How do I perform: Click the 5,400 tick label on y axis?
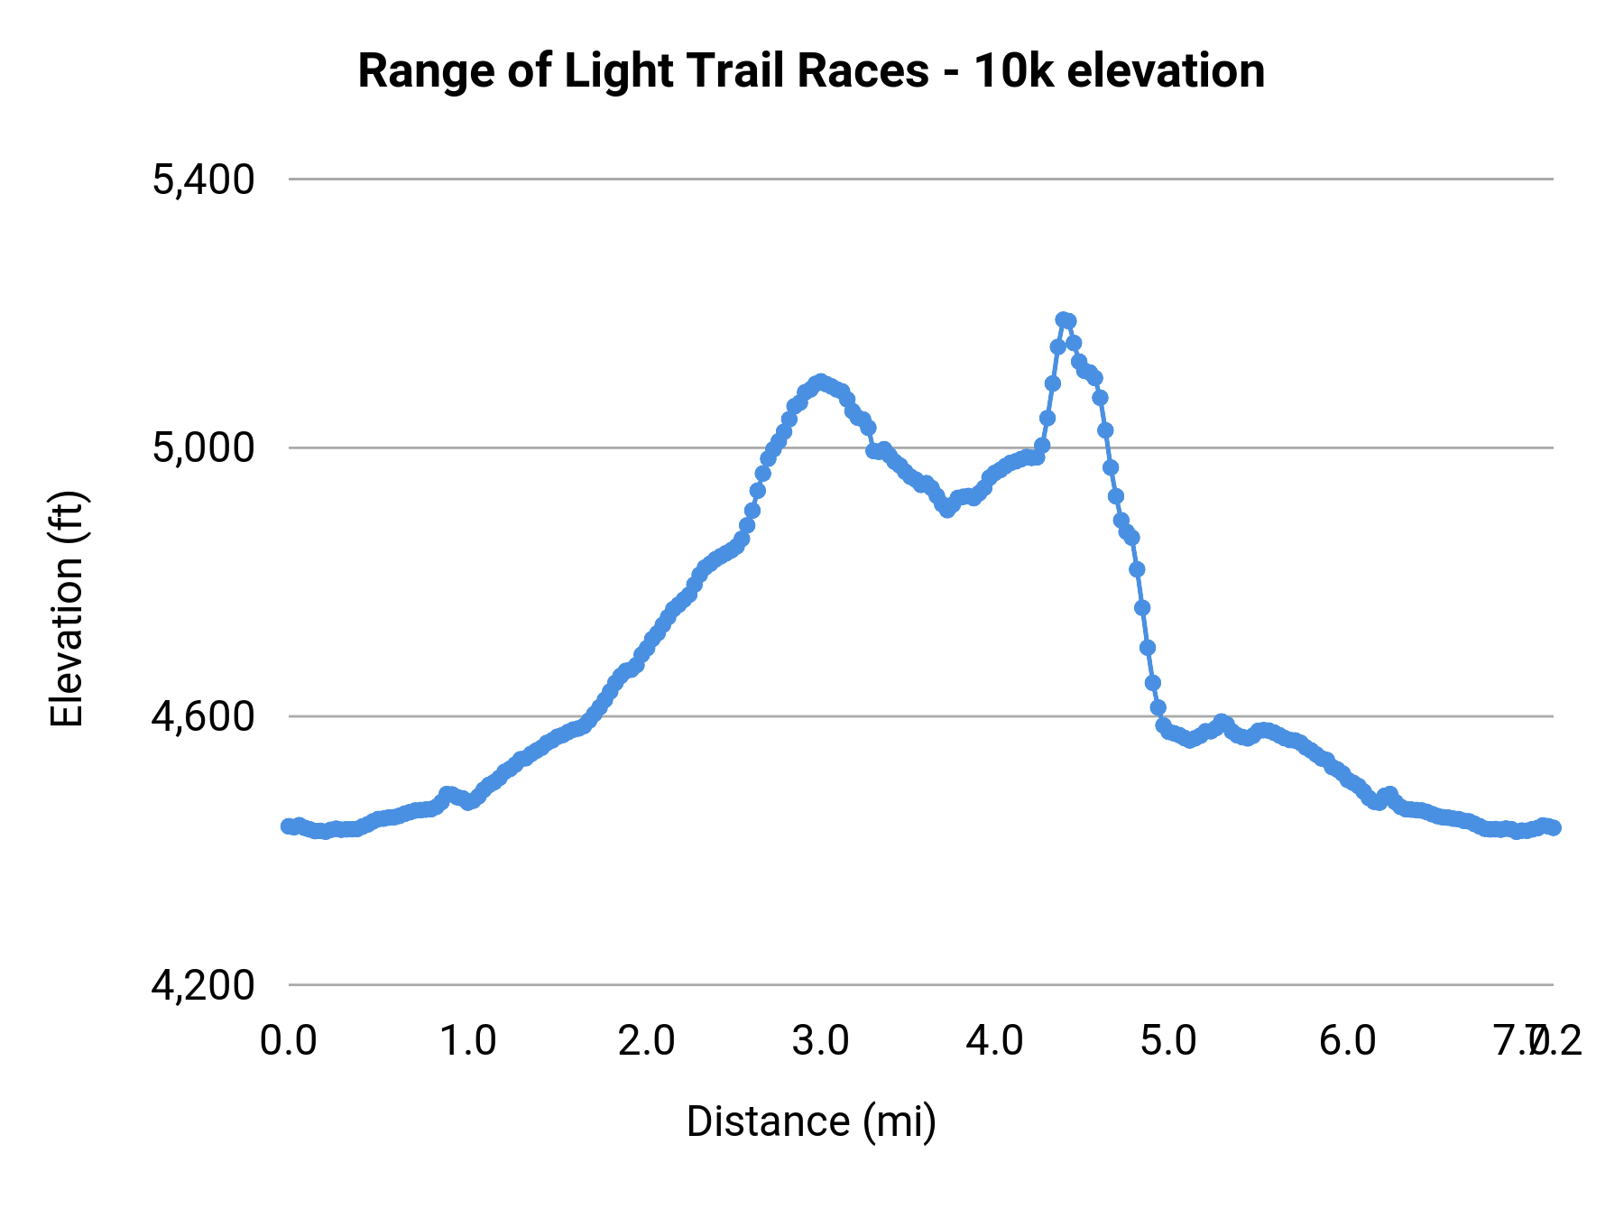coord(203,180)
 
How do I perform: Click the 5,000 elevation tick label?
coord(203,448)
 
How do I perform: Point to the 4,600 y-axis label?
coord(203,716)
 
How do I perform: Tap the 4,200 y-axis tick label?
coord(203,985)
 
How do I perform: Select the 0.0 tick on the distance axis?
coord(288,1040)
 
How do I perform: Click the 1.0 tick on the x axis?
coord(467,1040)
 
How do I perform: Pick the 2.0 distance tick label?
coord(646,1040)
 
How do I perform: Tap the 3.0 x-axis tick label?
coord(820,1040)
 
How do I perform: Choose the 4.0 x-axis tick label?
coord(994,1040)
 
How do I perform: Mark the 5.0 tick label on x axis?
coord(1168,1040)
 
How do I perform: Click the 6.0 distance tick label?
coord(1347,1040)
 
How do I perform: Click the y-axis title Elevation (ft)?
coord(67,609)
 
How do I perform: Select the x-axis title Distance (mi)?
coord(811,1121)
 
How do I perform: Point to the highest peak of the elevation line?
coord(1064,319)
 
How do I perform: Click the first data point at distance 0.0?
coord(288,826)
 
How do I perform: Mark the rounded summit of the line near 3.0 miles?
coord(819,382)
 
